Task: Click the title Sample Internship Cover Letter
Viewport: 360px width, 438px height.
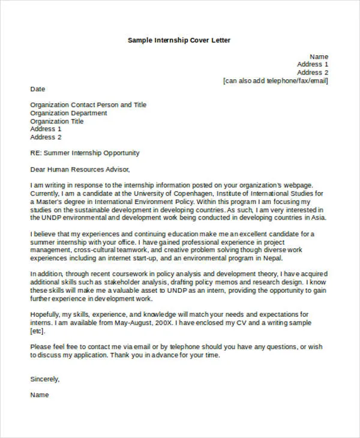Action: (x=179, y=40)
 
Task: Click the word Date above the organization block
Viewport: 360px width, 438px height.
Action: (x=38, y=89)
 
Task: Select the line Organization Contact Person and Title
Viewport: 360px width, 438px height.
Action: (x=88, y=104)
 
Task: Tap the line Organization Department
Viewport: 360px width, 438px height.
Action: (x=69, y=113)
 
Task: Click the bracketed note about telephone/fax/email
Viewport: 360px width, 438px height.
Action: (x=275, y=80)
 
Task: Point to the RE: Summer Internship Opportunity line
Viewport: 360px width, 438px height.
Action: (x=85, y=153)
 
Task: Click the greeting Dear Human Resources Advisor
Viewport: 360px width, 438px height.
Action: (x=80, y=169)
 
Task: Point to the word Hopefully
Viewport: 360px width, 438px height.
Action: (x=47, y=314)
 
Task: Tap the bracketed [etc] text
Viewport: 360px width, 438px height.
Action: (x=37, y=331)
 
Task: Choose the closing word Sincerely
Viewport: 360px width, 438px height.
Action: (x=45, y=379)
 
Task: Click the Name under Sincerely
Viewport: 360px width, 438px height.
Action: (x=40, y=395)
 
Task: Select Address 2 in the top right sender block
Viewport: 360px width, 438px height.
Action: (x=313, y=72)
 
